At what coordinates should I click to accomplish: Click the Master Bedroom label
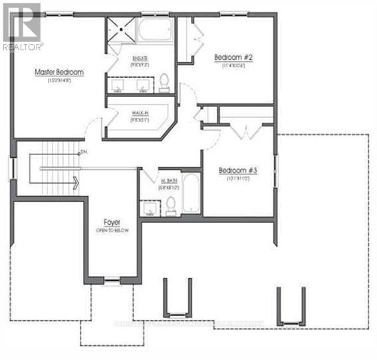[60, 71]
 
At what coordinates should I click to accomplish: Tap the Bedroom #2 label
[232, 57]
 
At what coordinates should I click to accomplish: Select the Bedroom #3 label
[237, 170]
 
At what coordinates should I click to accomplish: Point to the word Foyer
[111, 222]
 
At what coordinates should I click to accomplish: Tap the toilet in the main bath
[171, 204]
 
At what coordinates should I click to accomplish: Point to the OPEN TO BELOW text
[111, 230]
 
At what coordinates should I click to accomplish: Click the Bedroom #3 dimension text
[237, 179]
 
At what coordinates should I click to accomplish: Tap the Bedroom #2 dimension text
[232, 66]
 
